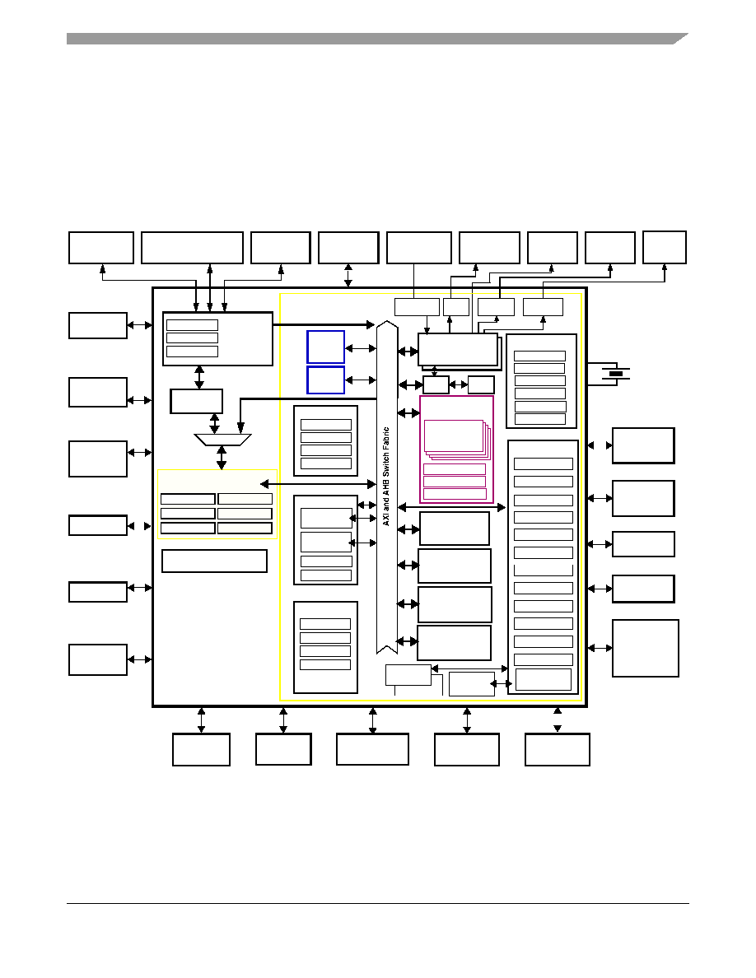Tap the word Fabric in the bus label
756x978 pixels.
(x=386, y=439)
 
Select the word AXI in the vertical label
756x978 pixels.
(x=386, y=519)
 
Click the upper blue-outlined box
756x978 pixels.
(x=325, y=347)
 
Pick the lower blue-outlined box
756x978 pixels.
(x=325, y=380)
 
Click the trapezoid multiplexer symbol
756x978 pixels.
(x=222, y=440)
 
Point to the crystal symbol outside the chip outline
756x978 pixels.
(x=616, y=374)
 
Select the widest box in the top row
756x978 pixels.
(x=192, y=248)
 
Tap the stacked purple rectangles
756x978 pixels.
(x=456, y=439)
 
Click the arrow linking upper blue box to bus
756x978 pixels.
(x=361, y=348)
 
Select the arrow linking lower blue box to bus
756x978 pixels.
(x=361, y=380)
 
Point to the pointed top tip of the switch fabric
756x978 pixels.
(x=387, y=320)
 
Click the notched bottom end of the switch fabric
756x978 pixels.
(x=387, y=649)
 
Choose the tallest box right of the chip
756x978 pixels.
(x=645, y=648)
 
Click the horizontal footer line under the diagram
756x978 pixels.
(x=378, y=903)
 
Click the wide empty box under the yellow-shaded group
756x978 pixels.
(x=215, y=561)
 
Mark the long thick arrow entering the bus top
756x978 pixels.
(x=324, y=324)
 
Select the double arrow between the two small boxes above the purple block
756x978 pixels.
(x=459, y=384)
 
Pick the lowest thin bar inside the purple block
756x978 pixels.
(x=455, y=494)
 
